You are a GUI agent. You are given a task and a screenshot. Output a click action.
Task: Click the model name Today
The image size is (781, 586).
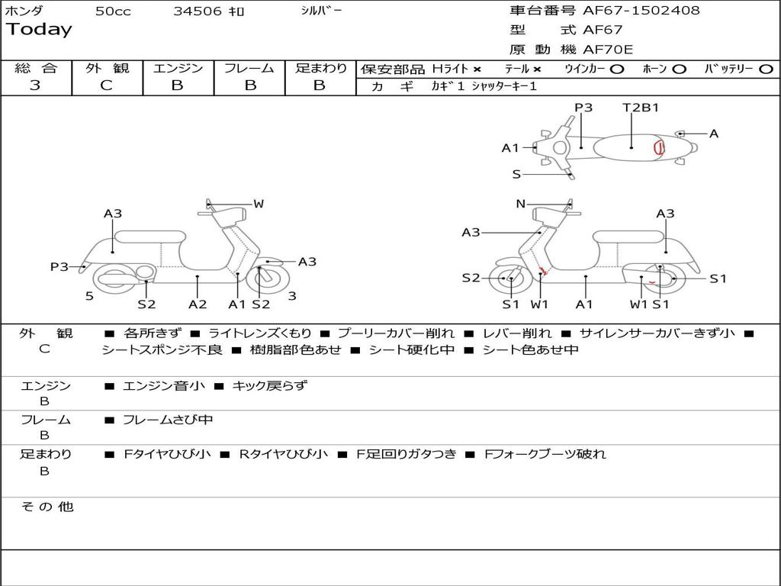(x=39, y=30)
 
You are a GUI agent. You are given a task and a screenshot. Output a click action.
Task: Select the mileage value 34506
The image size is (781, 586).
(x=198, y=11)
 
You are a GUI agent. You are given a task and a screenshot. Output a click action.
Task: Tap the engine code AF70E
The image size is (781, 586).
(x=608, y=50)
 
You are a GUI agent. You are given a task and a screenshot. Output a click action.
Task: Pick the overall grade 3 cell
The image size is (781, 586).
(x=35, y=85)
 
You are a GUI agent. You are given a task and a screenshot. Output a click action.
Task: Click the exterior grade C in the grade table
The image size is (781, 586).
(x=107, y=85)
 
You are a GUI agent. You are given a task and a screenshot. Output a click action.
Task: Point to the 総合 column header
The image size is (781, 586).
(x=36, y=68)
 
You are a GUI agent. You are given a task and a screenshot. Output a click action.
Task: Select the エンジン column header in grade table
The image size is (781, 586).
(x=178, y=68)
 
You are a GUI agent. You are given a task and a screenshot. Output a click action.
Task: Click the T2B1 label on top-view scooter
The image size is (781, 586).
(x=641, y=108)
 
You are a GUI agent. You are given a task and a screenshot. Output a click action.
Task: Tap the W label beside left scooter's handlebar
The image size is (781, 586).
(x=259, y=204)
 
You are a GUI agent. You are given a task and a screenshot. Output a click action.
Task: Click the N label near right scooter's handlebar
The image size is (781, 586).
(x=521, y=204)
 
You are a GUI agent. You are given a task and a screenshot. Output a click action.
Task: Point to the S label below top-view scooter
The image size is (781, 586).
(x=516, y=175)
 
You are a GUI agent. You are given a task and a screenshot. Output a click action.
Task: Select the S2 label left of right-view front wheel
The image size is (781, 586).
(x=471, y=278)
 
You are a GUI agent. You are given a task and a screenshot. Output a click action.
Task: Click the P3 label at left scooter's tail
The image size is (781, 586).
(x=59, y=266)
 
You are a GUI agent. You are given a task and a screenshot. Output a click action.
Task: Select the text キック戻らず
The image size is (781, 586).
(x=269, y=386)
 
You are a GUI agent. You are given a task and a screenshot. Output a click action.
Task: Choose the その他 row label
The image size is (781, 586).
(x=47, y=507)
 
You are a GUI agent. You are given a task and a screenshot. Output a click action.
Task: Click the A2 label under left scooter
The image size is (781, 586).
(x=198, y=304)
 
